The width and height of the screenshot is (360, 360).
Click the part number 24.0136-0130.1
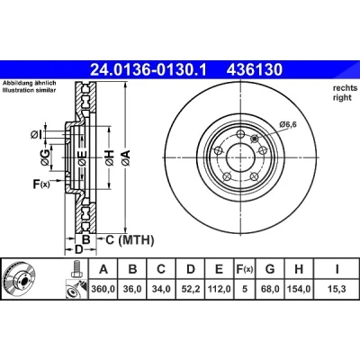click(x=148, y=70)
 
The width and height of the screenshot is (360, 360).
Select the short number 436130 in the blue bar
click(x=255, y=70)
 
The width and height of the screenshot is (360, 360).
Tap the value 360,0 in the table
click(x=103, y=289)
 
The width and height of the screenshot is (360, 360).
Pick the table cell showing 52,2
click(x=191, y=289)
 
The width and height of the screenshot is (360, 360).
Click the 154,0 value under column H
click(x=299, y=289)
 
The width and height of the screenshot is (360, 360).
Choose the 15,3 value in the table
click(x=337, y=289)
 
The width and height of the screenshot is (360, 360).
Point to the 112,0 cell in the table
click(x=220, y=289)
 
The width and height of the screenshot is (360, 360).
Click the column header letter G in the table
click(x=270, y=269)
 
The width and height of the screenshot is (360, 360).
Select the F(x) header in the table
click(x=244, y=269)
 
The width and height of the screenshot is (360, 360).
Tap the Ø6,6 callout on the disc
click(x=288, y=124)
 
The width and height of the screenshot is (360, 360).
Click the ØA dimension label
click(x=126, y=157)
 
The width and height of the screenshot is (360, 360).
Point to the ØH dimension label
click(x=110, y=157)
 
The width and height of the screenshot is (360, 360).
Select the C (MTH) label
click(x=130, y=239)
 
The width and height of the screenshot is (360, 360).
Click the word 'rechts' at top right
click(x=345, y=88)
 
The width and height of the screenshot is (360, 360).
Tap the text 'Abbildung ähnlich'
click(x=29, y=83)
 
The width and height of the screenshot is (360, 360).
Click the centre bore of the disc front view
click(x=241, y=157)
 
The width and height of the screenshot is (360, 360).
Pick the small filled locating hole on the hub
click(x=255, y=139)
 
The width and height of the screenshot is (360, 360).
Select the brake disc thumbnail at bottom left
click(x=20, y=280)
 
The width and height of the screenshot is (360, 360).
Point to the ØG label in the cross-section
click(x=45, y=157)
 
